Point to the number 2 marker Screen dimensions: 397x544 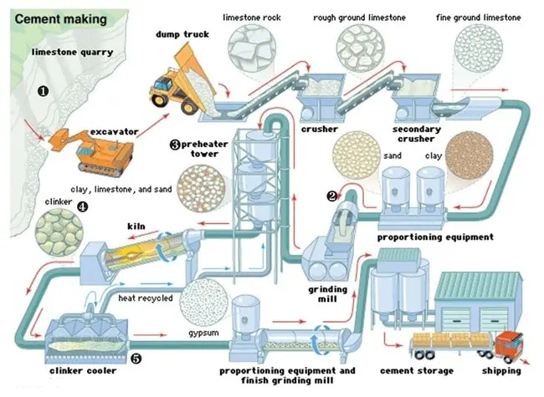coord(332,196)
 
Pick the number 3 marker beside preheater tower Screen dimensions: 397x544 coord(175,144)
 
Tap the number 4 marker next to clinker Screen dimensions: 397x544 coord(81,206)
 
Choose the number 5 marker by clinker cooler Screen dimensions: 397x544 coord(136,358)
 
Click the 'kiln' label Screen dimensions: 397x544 coord(136,226)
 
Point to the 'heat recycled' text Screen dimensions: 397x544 coord(145,298)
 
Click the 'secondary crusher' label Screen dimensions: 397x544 coord(416,134)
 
